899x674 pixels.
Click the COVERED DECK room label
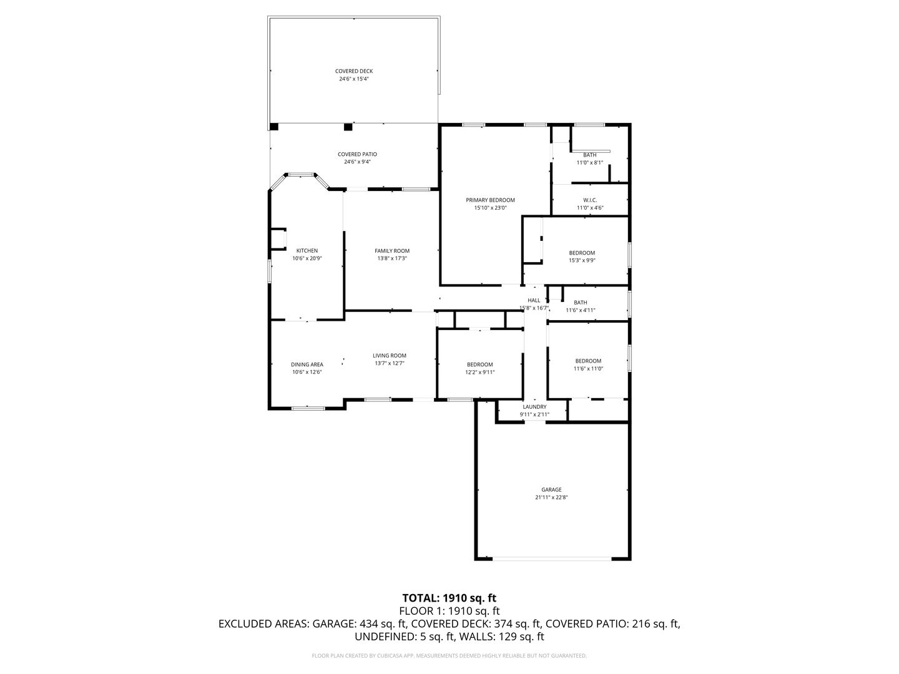(x=354, y=71)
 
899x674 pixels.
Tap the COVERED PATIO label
(x=357, y=154)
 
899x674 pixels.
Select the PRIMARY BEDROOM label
(x=490, y=200)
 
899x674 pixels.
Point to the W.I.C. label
(x=590, y=200)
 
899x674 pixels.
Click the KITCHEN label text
(x=307, y=250)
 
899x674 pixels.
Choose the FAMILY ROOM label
(x=392, y=251)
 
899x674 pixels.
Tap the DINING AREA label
(x=307, y=364)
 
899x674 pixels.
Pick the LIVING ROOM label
(x=390, y=356)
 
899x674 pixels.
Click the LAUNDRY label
(x=534, y=407)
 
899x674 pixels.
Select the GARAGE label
(x=551, y=489)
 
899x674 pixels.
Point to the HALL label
(x=534, y=300)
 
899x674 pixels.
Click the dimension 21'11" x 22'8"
(x=551, y=497)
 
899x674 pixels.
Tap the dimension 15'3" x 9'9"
(x=582, y=260)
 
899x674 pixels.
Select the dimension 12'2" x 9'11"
(x=480, y=372)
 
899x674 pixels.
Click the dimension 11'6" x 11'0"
(x=588, y=368)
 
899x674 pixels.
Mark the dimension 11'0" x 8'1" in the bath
(x=590, y=162)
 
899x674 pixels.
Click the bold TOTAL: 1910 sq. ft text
(x=449, y=598)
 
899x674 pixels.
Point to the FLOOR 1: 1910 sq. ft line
(x=449, y=611)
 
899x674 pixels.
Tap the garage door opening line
(x=552, y=558)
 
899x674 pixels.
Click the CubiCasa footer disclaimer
(x=449, y=655)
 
